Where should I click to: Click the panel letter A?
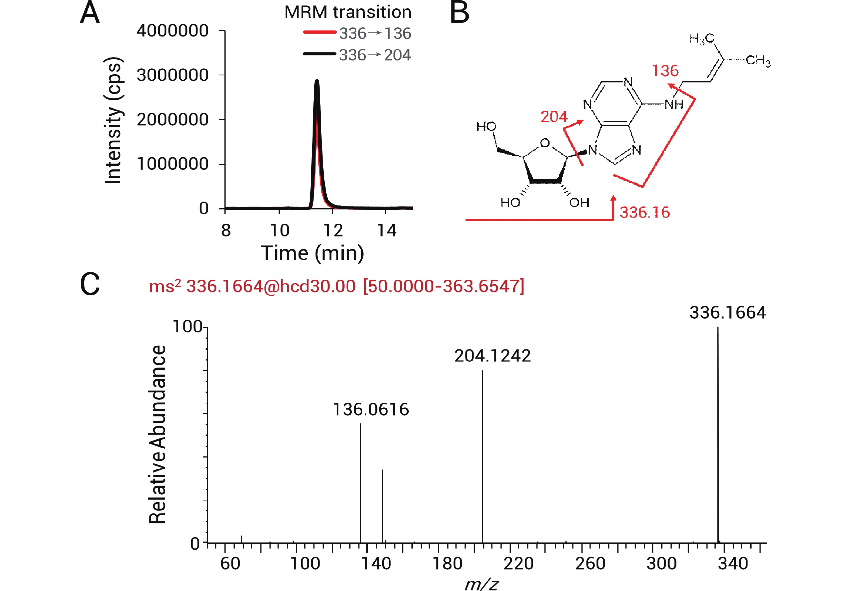pyautogui.click(x=90, y=13)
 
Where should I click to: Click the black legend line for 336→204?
pyautogui.click(x=319, y=54)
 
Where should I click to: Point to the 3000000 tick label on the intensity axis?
pyautogui.click(x=172, y=75)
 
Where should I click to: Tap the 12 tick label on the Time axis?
pyautogui.click(x=333, y=231)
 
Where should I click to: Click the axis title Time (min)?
pyautogui.click(x=312, y=253)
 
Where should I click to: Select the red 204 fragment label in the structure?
pyautogui.click(x=554, y=117)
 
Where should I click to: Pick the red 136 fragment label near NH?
pyautogui.click(x=665, y=71)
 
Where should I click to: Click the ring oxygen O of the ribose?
pyautogui.click(x=545, y=143)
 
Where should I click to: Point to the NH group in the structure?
pyautogui.click(x=674, y=104)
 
